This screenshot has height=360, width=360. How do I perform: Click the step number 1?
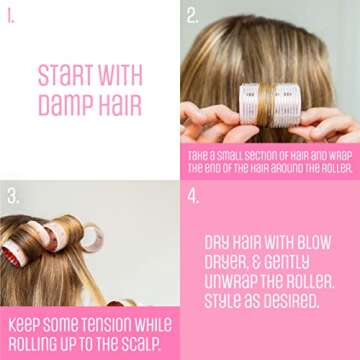click(x=11, y=15)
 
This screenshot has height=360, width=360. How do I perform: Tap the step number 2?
click(x=193, y=16)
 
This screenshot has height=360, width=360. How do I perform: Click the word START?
click(x=63, y=74)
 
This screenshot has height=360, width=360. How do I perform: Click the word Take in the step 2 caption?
click(x=201, y=156)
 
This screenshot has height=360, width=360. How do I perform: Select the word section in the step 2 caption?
click(x=265, y=156)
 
